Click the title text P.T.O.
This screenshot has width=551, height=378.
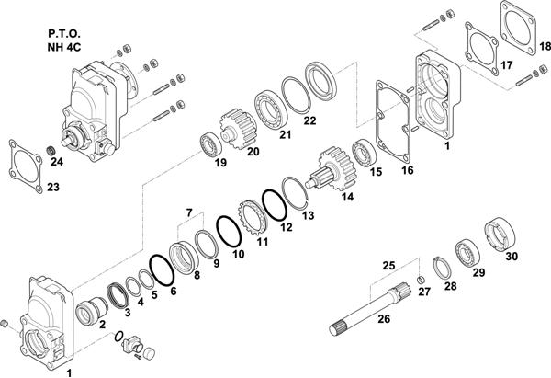coord(64,34)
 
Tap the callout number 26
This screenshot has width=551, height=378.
coord(384,319)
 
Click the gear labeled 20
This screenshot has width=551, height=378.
coord(238,129)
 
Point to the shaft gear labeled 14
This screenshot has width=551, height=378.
coord(332,169)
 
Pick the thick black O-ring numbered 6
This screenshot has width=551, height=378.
coord(162,270)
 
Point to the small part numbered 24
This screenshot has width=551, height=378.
coord(51,152)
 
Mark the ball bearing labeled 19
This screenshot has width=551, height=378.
coord(210,145)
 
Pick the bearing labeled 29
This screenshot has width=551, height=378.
coord(467,253)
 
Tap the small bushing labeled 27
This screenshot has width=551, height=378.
coord(421,280)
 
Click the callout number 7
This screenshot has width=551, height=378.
coord(189,213)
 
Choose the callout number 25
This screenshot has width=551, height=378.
coord(389,266)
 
